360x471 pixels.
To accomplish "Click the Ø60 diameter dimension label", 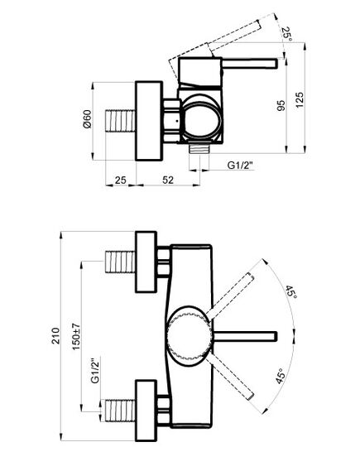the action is pyautogui.click(x=87, y=119).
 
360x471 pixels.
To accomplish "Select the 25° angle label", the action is pyautogui.click(x=286, y=33).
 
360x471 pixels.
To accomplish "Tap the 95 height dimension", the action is pyautogui.click(x=281, y=105).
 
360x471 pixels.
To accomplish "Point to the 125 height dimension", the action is pyautogui.click(x=300, y=100).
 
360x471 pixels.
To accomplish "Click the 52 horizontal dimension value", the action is pyautogui.click(x=168, y=180).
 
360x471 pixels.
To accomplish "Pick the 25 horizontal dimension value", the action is pyautogui.click(x=121, y=180).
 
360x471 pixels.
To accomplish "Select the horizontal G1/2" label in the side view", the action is pyautogui.click(x=240, y=165).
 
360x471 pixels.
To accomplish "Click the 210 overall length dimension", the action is pyautogui.click(x=55, y=335).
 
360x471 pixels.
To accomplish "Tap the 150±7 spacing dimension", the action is pyautogui.click(x=76, y=336).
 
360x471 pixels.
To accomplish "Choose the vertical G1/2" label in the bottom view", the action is pyautogui.click(x=94, y=370).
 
